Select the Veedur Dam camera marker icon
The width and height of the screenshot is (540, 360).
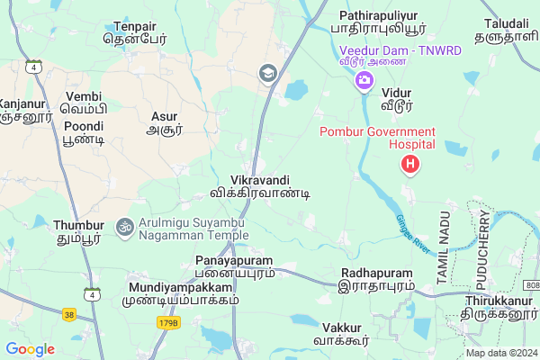click(364, 82)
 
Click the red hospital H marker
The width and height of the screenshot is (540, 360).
click(410, 164)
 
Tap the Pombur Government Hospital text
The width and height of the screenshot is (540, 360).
click(377, 139)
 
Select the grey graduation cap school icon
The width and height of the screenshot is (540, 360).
click(267, 73)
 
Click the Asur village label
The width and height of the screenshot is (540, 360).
click(165, 123)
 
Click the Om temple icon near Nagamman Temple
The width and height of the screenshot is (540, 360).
click(124, 223)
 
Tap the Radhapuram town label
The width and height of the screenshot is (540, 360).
click(378, 278)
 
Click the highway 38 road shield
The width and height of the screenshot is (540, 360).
click(69, 315)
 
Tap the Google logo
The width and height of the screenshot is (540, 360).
click(30, 349)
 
